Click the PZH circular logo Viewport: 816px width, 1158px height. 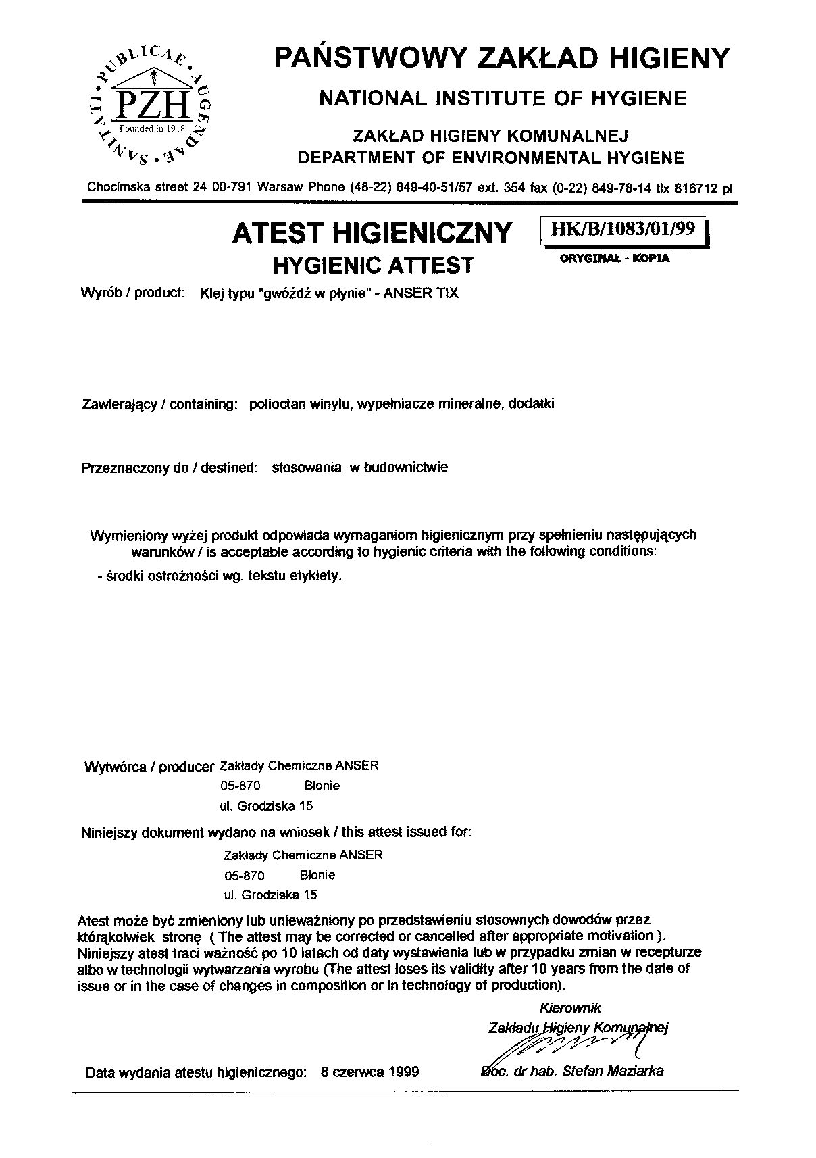[153, 104]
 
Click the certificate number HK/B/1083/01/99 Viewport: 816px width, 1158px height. [622, 228]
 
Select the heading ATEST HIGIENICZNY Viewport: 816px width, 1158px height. [372, 233]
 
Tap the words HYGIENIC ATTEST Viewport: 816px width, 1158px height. [374, 265]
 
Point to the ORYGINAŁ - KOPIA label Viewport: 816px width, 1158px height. [615, 257]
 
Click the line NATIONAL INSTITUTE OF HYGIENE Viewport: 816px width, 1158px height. [503, 99]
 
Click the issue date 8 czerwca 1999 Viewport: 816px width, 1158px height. [370, 1072]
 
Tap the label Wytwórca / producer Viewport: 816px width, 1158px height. [147, 767]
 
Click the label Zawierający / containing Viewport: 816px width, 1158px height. [157, 405]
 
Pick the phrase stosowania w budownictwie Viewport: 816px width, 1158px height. [359, 468]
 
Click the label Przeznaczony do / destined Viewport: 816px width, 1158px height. [169, 468]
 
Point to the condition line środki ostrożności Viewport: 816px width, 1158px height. [220, 577]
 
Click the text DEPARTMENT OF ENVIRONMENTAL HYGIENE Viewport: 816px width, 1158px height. [491, 158]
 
